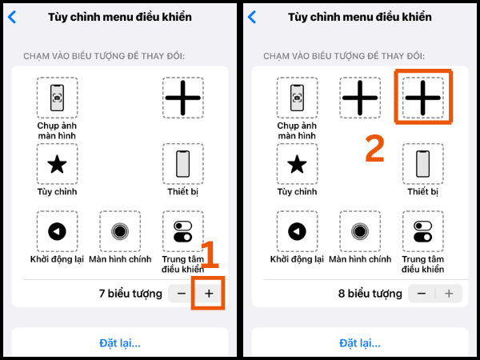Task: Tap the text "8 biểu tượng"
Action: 370,294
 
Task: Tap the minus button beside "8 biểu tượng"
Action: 422,294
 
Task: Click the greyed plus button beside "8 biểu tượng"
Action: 449,294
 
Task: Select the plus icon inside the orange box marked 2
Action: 423,98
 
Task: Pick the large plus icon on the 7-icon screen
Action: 183,98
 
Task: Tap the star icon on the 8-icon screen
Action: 296,165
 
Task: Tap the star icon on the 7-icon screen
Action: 57,165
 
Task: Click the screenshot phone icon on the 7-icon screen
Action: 57,98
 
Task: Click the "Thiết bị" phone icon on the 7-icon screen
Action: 183,165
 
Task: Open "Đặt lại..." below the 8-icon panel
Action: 360,343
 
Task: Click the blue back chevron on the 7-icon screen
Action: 11,17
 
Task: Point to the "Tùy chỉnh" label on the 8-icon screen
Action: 296,192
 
